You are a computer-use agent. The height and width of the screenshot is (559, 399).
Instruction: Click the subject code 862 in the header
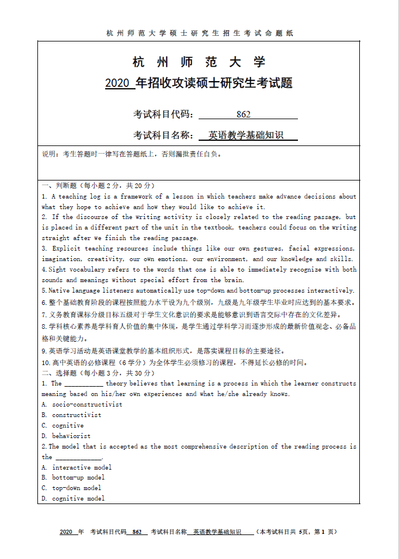(244, 114)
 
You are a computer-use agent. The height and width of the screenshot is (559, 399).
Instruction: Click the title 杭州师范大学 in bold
(199, 63)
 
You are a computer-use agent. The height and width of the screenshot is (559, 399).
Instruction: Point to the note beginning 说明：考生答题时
(132, 154)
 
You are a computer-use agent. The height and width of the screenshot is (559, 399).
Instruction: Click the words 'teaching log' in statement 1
(88, 197)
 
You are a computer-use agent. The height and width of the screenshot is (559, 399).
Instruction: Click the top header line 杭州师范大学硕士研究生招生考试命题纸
(199, 33)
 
